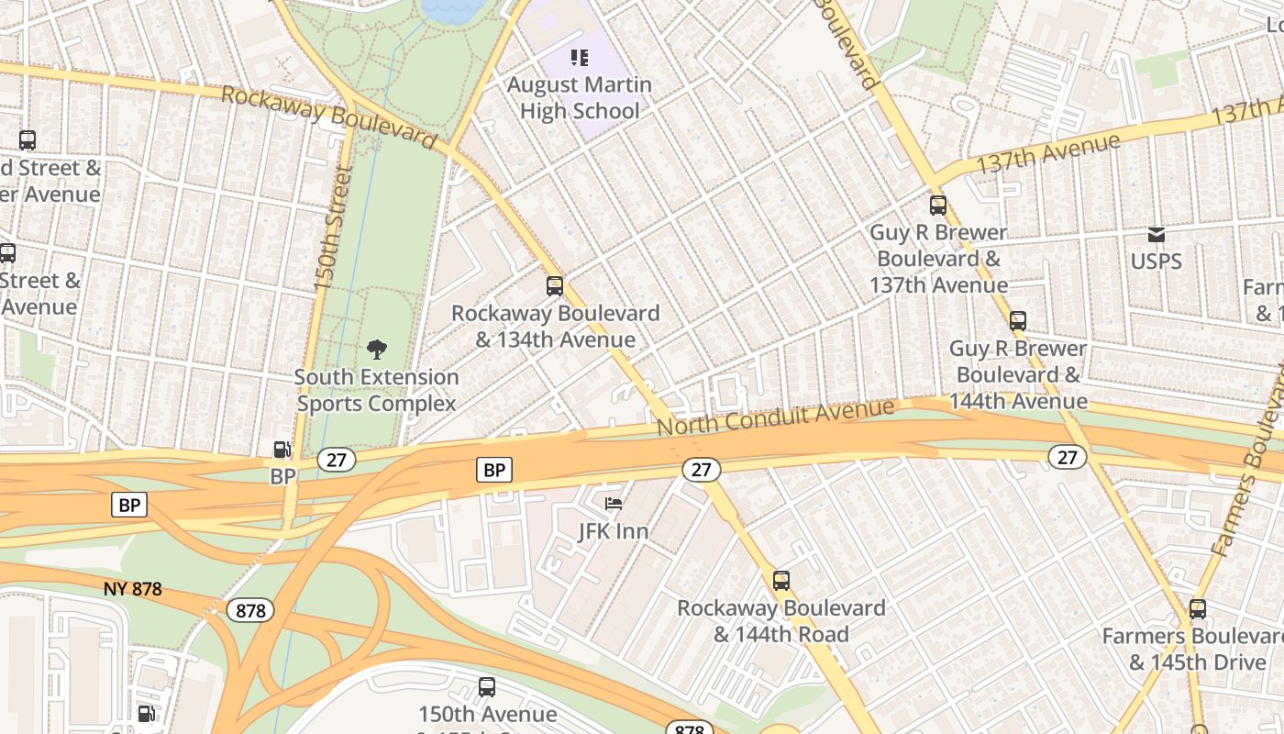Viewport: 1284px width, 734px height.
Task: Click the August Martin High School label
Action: click(580, 98)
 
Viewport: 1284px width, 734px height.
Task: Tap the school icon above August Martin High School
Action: click(580, 59)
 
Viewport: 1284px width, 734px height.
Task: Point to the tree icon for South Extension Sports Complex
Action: click(376, 349)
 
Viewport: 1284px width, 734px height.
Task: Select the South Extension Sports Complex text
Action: click(376, 390)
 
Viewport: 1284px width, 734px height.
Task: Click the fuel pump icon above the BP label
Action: click(282, 450)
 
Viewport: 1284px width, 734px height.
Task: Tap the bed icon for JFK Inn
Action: click(614, 504)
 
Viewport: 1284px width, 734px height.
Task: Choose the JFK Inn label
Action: click(614, 531)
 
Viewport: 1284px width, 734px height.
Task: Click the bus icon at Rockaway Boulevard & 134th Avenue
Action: click(555, 285)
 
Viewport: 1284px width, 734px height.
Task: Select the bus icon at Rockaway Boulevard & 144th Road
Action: click(781, 580)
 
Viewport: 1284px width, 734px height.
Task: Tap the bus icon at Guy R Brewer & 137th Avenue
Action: click(938, 206)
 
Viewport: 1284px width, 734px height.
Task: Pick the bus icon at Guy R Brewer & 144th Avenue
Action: click(1018, 321)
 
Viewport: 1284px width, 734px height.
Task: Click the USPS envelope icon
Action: click(1157, 235)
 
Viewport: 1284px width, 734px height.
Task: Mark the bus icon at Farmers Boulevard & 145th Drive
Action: click(1198, 609)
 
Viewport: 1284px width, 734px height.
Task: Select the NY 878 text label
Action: click(133, 589)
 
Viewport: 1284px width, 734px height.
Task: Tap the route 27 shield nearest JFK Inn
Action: click(701, 470)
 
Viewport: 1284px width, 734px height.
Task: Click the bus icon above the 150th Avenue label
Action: click(487, 687)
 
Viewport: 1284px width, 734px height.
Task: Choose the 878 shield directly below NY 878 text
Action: click(250, 611)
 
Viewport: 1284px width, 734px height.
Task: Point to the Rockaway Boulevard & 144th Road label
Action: click(781, 621)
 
